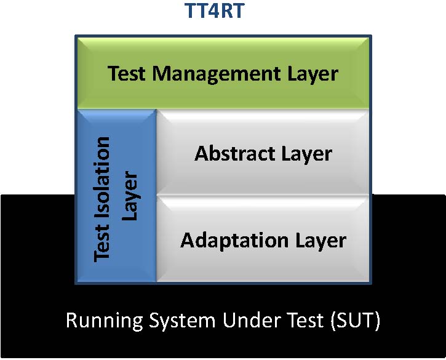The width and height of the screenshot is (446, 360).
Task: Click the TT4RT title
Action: (x=215, y=10)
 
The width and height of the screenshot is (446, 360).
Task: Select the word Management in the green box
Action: (x=217, y=74)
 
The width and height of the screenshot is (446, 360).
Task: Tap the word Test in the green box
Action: (x=127, y=73)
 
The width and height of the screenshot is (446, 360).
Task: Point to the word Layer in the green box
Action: (x=313, y=74)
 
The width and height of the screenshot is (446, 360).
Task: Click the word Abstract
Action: (x=235, y=153)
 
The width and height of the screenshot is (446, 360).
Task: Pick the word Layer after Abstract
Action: (x=307, y=155)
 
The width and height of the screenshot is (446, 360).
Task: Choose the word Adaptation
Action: (x=234, y=241)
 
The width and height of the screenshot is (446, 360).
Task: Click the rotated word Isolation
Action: (x=102, y=178)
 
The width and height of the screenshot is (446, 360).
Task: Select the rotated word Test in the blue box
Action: (x=102, y=242)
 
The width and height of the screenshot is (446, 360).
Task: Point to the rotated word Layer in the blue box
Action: (x=130, y=196)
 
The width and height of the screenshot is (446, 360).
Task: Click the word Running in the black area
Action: (x=105, y=321)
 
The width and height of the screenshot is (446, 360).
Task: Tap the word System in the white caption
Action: (x=182, y=321)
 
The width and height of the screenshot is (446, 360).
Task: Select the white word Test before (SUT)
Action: (x=305, y=320)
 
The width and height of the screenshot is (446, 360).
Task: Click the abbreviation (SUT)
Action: (x=356, y=321)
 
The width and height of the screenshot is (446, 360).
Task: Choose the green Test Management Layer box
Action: (x=223, y=73)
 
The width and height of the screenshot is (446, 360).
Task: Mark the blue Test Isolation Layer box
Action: (x=117, y=196)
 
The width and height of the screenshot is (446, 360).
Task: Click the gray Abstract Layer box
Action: (x=263, y=152)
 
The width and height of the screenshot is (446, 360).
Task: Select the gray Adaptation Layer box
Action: (x=263, y=239)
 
